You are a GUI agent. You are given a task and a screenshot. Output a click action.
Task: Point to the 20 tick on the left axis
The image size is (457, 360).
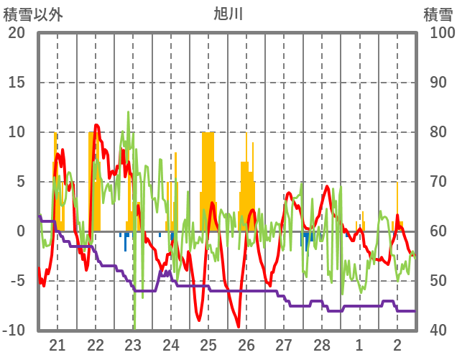coord(17,33)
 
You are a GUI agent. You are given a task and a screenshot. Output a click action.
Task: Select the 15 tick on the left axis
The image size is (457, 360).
coord(17,83)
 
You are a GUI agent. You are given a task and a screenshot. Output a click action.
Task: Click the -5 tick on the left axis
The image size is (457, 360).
coord(18,281)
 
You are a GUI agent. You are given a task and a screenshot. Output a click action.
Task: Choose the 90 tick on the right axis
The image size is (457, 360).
coord(439,83)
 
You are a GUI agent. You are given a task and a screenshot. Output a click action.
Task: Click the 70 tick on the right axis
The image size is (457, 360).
coord(439,182)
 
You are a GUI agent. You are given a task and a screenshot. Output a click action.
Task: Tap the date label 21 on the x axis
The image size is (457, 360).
coord(57,345)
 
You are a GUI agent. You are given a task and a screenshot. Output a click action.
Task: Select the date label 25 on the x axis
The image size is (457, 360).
coord(208,345)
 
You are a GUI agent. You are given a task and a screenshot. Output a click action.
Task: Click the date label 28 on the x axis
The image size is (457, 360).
coord(322,345)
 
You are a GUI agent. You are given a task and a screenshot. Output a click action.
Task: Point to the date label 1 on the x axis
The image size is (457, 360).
coord(359,345)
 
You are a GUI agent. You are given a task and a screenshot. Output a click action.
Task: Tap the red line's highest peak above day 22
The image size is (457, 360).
coord(97,126)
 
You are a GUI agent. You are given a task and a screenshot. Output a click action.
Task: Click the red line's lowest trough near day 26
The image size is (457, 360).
coord(239,327)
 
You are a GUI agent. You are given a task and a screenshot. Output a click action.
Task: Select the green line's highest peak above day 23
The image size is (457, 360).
coord(129,112)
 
